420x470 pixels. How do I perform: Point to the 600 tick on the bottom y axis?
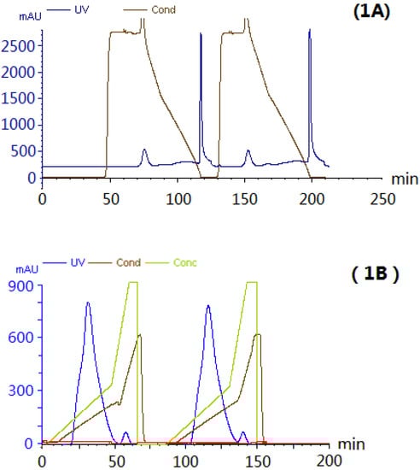(21, 338)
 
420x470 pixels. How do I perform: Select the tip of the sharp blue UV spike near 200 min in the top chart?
(309, 30)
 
